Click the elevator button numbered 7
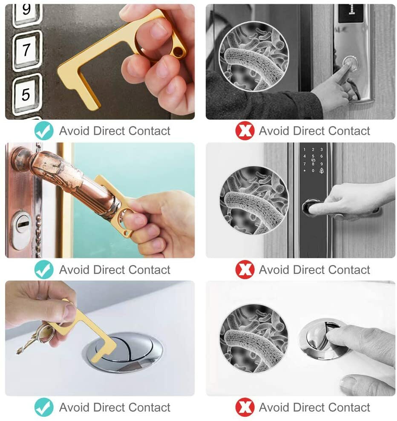27,50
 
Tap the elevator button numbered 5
26,93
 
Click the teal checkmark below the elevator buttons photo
44,131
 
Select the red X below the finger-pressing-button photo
245,131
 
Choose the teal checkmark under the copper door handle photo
44,270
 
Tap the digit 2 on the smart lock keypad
313,150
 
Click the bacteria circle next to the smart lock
254,200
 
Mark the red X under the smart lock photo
245,270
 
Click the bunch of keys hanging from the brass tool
36,337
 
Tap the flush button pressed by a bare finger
322,339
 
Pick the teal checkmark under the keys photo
44,407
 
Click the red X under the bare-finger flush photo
245,407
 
